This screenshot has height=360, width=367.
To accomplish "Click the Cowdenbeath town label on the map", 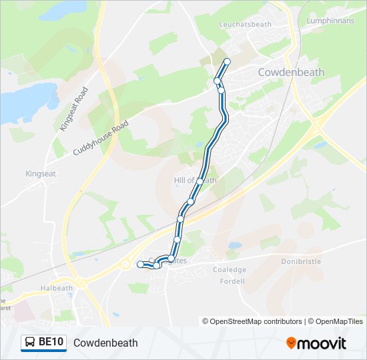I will [x=292, y=72].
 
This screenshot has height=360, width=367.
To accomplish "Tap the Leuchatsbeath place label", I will [x=246, y=24].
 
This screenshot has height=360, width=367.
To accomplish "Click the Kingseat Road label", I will [x=73, y=109].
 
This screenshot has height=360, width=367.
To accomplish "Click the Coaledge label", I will [x=230, y=270].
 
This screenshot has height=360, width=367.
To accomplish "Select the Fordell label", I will [x=233, y=281].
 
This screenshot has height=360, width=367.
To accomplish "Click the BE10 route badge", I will [x=43, y=343].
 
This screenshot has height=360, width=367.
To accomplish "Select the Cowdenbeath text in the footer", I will [x=105, y=343].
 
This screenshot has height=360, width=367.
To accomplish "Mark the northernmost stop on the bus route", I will [x=227, y=62].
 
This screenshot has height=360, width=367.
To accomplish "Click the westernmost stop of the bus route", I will [x=140, y=265].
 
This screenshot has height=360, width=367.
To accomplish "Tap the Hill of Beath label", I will [x=195, y=181].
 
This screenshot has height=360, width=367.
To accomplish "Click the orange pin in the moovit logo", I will [x=291, y=343].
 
